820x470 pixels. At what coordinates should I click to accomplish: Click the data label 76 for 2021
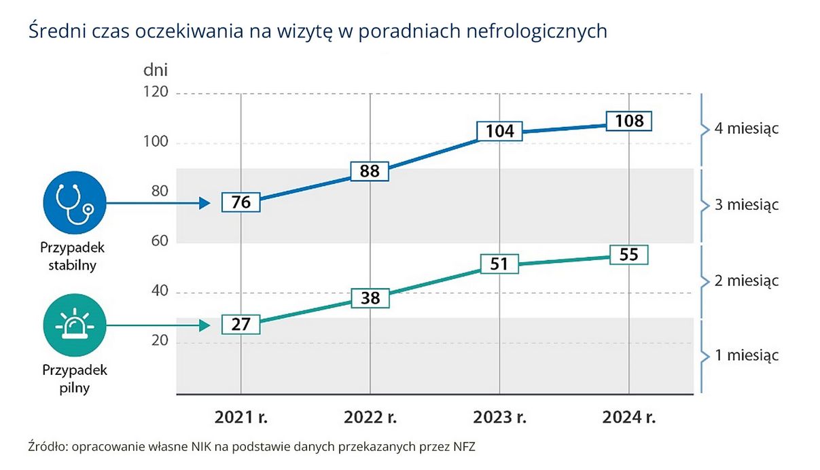coord(240,202)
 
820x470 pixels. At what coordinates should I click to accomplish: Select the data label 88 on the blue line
coord(370,171)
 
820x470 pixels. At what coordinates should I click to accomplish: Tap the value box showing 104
coord(499,131)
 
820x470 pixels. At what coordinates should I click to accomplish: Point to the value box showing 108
coord(628,122)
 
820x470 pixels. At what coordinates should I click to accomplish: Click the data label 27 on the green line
coord(240,325)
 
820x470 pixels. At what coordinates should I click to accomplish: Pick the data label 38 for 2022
coord(370,298)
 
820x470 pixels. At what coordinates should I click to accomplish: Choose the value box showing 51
coord(499,264)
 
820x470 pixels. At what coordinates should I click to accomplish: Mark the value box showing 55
coord(628,255)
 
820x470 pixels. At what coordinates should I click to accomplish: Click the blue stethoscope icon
coord(73,201)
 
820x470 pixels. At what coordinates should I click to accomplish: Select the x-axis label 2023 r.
coord(499,417)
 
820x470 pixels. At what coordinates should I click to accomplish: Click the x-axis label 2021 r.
coord(240,417)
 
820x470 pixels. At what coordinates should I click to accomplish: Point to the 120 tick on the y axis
coord(155,93)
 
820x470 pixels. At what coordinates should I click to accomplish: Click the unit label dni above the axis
coord(155,69)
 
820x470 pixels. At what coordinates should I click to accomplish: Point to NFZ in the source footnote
coord(471,447)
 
